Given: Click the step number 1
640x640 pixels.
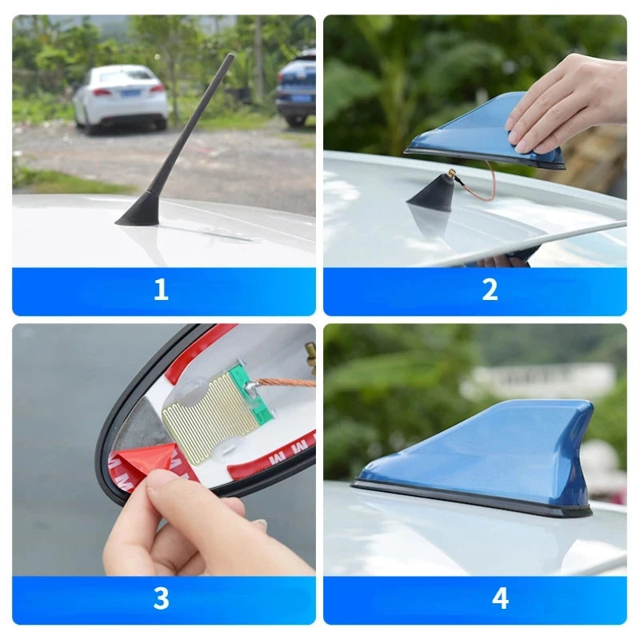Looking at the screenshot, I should [x=161, y=290].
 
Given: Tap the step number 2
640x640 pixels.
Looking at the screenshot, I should [x=490, y=290].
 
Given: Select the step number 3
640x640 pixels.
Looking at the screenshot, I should [x=161, y=598].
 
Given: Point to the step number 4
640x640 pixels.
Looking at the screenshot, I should [x=500, y=598].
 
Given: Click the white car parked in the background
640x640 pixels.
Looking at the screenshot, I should [x=121, y=95].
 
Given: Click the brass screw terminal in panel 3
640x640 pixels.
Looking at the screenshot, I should [x=310, y=356].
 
